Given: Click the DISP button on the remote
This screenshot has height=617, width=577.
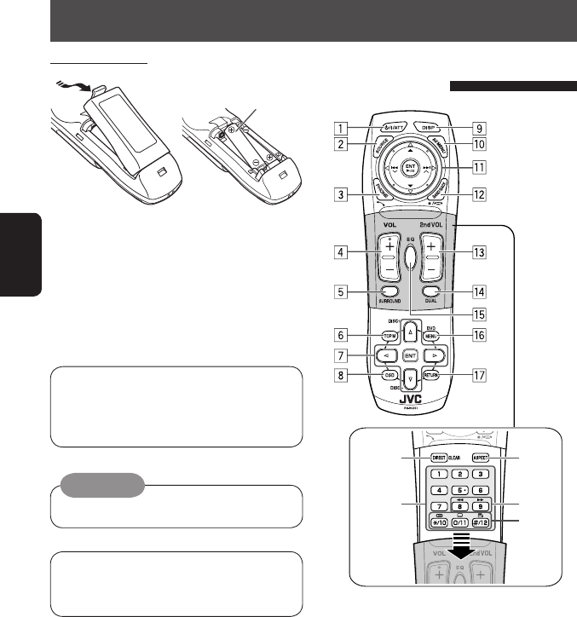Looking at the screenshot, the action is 430,127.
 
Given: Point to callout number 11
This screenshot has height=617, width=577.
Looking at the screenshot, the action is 481,169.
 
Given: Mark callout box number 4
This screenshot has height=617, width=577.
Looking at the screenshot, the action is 340,252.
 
